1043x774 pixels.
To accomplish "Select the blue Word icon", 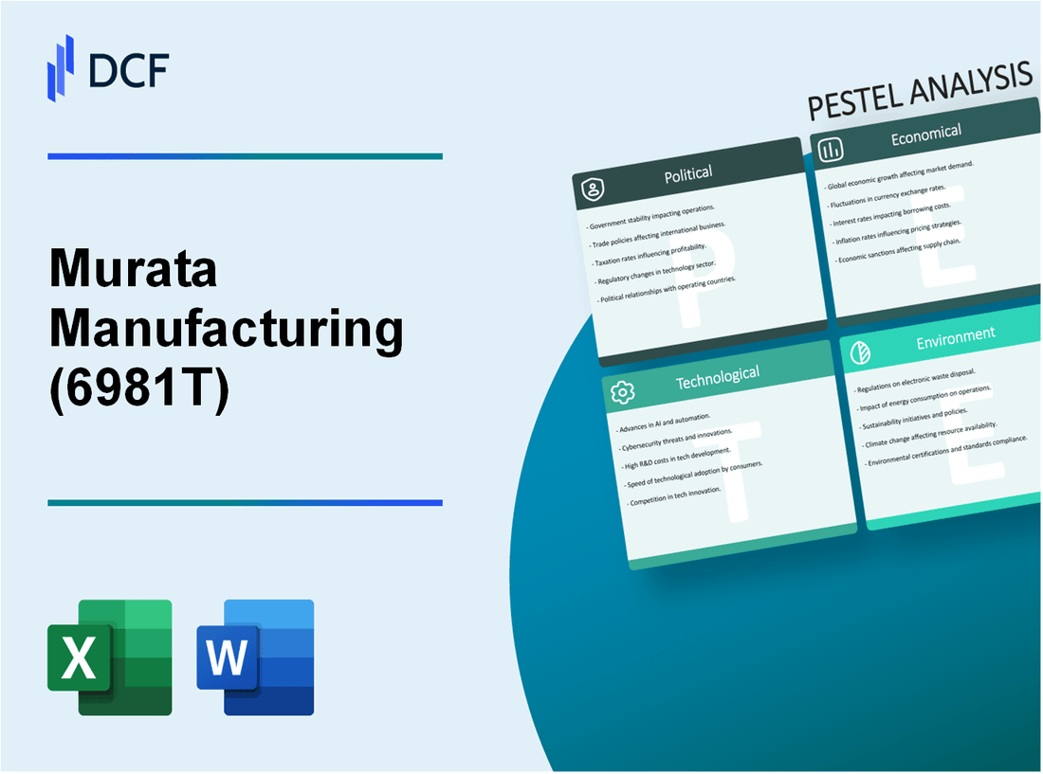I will (255, 657).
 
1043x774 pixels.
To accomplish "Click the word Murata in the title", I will (133, 272).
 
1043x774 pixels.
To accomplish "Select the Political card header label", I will (689, 173).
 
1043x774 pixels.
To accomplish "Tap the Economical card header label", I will (925, 135).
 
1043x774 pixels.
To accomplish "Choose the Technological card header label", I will (717, 376).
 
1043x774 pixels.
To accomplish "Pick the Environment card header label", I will (955, 334).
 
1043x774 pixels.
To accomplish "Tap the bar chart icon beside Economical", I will (832, 150).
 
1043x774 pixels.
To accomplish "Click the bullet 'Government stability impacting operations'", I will (652, 216).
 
